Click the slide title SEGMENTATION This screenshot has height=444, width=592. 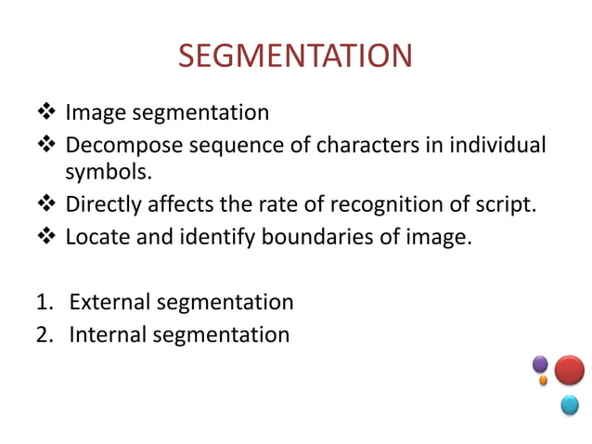(295, 57)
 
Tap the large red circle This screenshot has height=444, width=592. (569, 370)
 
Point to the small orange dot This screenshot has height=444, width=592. (543, 381)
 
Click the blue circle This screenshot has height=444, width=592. (569, 404)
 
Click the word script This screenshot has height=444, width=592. (508, 205)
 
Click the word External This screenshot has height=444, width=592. (109, 302)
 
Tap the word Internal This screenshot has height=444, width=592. (107, 333)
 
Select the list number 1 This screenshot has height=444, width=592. (42, 302)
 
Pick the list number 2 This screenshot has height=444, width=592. (43, 333)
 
